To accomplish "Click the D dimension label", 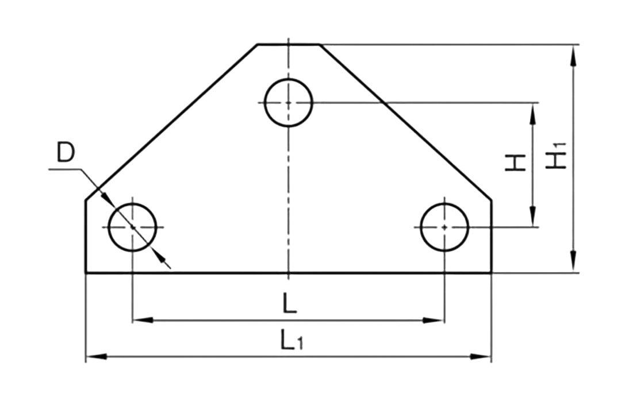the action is (x=66, y=152).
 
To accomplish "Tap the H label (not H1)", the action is (x=516, y=163).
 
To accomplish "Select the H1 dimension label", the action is (x=556, y=156).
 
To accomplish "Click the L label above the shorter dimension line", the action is (x=290, y=303).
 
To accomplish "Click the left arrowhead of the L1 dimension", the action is (x=97, y=356).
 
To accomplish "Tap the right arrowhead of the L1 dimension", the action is (x=481, y=356).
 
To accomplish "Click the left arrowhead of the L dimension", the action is (x=143, y=320).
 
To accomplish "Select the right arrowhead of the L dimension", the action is (x=434, y=320).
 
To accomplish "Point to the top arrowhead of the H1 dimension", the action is (x=574, y=55).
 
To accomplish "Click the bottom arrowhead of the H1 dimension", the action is (x=574, y=262).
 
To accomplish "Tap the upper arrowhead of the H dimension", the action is (x=533, y=114).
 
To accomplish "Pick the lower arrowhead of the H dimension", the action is (x=533, y=217).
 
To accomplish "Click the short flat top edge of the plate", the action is (x=289, y=44).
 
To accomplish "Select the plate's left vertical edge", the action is (x=86, y=236).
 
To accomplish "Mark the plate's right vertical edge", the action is (x=492, y=236).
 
